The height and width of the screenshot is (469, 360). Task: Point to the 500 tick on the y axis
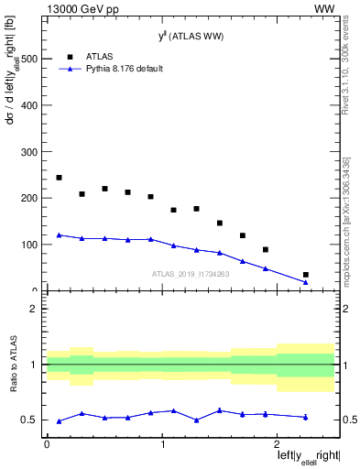point(31,58)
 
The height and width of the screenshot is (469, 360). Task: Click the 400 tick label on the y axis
point(31,104)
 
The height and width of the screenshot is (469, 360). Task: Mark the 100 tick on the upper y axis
point(31,245)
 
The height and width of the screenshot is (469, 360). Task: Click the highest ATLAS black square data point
point(59,178)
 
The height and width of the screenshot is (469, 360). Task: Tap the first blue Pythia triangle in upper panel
point(59,234)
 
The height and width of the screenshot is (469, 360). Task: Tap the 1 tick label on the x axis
point(162,443)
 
